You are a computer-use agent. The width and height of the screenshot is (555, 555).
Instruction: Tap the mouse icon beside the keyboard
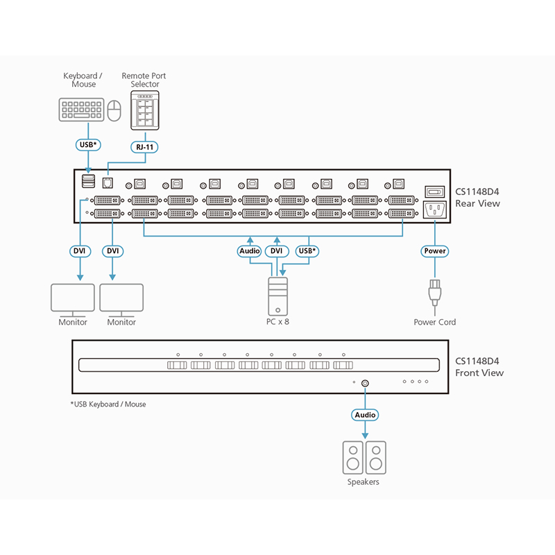(115, 109)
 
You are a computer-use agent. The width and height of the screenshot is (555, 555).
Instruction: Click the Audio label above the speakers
(365, 415)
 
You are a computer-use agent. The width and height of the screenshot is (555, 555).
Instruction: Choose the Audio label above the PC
(249, 250)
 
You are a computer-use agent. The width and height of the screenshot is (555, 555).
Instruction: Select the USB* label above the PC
(306, 250)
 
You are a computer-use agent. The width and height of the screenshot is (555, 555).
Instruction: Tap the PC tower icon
(277, 296)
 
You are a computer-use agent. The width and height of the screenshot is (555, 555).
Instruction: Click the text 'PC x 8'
(277, 323)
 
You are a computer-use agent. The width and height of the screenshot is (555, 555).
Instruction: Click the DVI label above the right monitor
(112, 250)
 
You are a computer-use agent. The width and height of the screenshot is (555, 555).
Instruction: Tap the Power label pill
(434, 250)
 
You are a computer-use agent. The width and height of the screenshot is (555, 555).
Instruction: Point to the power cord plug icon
(435, 292)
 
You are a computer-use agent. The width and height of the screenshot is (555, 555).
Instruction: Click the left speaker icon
(353, 457)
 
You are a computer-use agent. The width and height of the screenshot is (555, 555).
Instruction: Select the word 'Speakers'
(364, 482)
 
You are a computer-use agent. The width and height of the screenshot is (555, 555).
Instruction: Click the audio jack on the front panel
(366, 382)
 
